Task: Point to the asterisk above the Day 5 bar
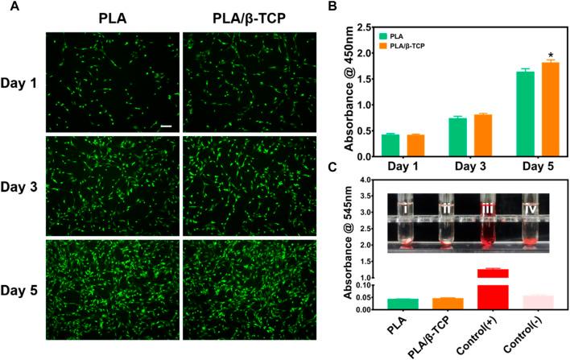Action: click(x=551, y=54)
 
